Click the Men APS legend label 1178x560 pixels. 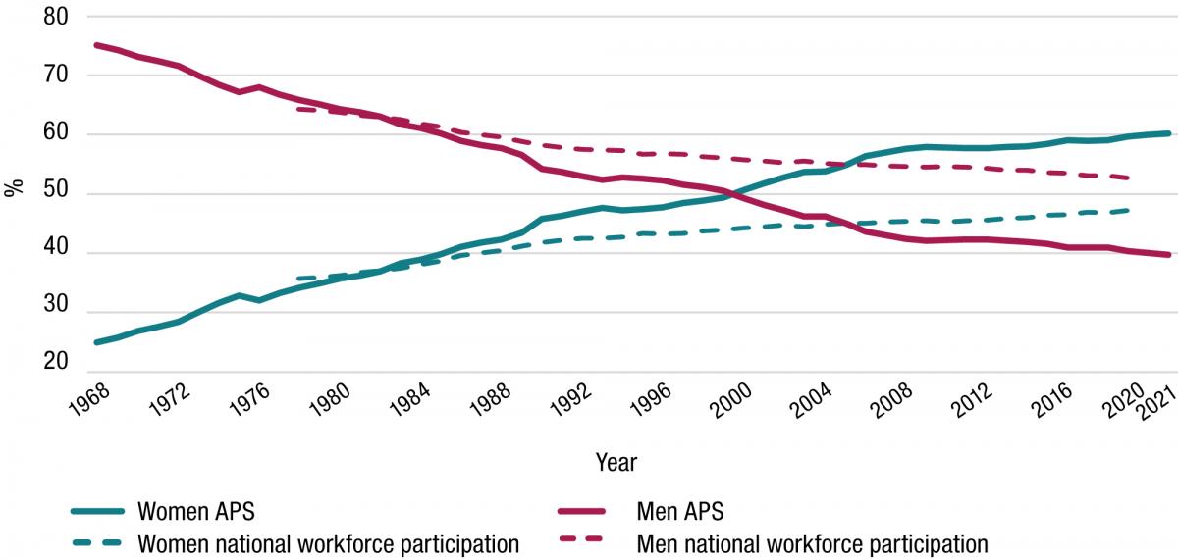pyautogui.click(x=681, y=512)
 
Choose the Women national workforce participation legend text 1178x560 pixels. pyautogui.click(x=328, y=542)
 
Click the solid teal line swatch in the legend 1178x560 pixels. pyautogui.click(x=97, y=512)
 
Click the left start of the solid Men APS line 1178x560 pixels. pyautogui.click(x=95, y=45)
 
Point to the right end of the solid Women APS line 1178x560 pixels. pyautogui.click(x=1168, y=133)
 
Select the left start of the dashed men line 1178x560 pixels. pyautogui.click(x=296, y=109)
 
